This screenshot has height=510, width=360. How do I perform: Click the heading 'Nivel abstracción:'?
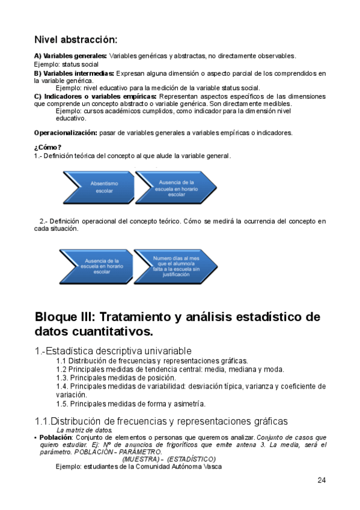coord(75,40)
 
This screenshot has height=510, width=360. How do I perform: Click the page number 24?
coord(322,481)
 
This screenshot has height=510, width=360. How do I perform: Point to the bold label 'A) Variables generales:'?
coord(70,56)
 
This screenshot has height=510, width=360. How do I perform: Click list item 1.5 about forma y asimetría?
coord(130,404)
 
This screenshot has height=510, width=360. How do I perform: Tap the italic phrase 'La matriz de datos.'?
coord(84,430)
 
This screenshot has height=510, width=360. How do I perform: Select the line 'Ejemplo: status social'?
coord(66,64)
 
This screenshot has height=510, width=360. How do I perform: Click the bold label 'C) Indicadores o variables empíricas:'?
coord(96,96)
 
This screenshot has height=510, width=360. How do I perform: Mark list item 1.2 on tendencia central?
coord(170,369)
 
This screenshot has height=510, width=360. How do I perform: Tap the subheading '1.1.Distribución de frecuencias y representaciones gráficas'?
coord(161,421)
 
